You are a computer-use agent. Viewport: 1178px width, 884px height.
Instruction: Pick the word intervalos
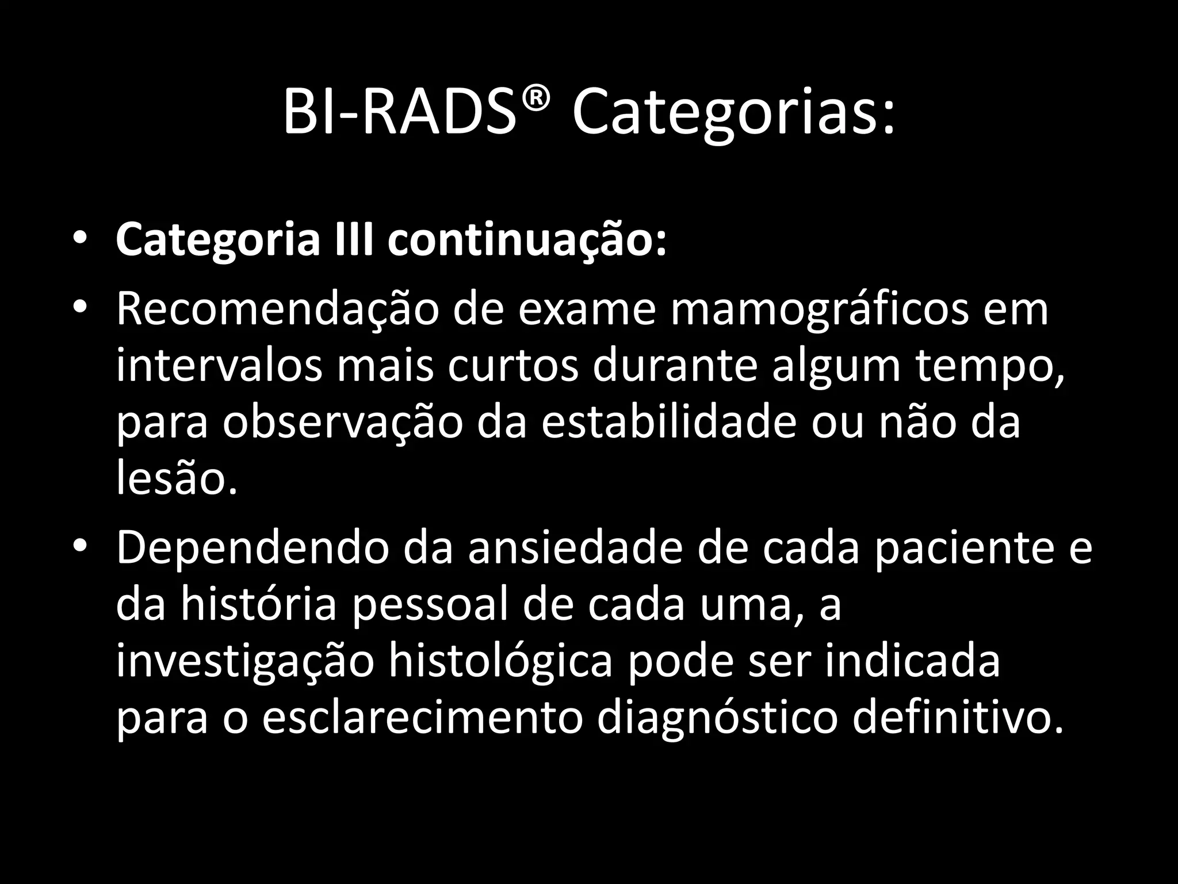point(219,367)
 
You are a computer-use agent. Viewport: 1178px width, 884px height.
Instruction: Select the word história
point(258,605)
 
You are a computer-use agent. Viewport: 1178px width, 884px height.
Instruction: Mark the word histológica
point(500,662)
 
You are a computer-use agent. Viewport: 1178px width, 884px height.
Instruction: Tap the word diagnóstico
point(717,719)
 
